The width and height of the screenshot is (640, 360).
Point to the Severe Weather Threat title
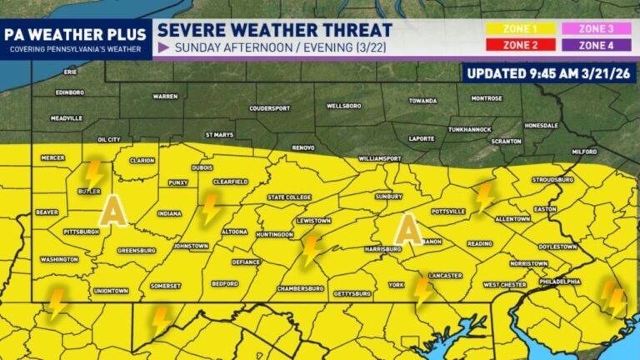point(275,29)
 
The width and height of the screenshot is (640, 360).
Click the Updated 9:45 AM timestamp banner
point(551,72)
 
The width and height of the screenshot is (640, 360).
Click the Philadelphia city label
point(559,281)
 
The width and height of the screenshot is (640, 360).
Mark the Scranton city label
point(506,141)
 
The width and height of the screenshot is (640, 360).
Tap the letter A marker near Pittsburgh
point(113,211)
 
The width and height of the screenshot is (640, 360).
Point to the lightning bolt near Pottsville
point(484,197)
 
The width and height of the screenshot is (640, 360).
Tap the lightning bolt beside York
point(422,292)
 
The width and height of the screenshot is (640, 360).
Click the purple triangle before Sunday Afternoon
point(163,47)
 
